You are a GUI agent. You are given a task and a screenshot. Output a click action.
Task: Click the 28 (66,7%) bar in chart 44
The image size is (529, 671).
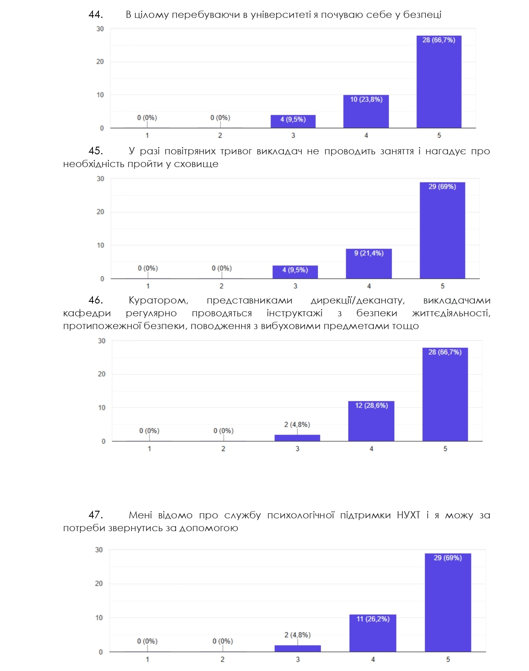click(439, 82)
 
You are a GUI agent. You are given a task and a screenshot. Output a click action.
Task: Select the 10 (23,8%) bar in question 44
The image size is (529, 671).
click(366, 111)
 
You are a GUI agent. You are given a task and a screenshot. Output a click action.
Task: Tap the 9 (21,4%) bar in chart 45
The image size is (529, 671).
click(369, 263)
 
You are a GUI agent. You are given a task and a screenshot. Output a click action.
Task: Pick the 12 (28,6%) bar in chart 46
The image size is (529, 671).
click(371, 421)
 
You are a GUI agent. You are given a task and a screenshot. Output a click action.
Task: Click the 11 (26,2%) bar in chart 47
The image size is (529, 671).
click(373, 633)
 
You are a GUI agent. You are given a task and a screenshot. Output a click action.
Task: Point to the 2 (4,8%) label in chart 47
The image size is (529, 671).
click(298, 635)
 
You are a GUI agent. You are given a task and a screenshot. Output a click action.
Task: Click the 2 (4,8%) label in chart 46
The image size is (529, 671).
click(297, 424)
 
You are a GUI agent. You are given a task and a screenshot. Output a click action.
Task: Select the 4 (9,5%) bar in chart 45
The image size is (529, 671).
click(295, 272)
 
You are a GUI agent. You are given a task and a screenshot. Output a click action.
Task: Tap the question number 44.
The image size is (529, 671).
click(96, 14)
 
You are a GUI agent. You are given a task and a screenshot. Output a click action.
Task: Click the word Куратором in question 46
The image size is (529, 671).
click(158, 300)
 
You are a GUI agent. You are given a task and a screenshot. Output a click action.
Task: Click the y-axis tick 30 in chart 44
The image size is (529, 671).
click(100, 29)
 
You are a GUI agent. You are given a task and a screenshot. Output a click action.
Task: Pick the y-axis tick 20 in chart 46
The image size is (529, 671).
click(101, 374)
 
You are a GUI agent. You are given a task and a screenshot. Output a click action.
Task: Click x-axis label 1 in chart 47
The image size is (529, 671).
click(147, 659)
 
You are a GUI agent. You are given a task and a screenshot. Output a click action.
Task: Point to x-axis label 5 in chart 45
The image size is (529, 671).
click(442, 286)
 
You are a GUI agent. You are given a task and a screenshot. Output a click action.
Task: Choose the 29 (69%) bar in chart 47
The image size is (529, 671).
click(448, 602)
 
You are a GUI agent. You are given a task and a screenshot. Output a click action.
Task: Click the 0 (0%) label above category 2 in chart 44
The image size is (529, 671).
click(220, 118)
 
